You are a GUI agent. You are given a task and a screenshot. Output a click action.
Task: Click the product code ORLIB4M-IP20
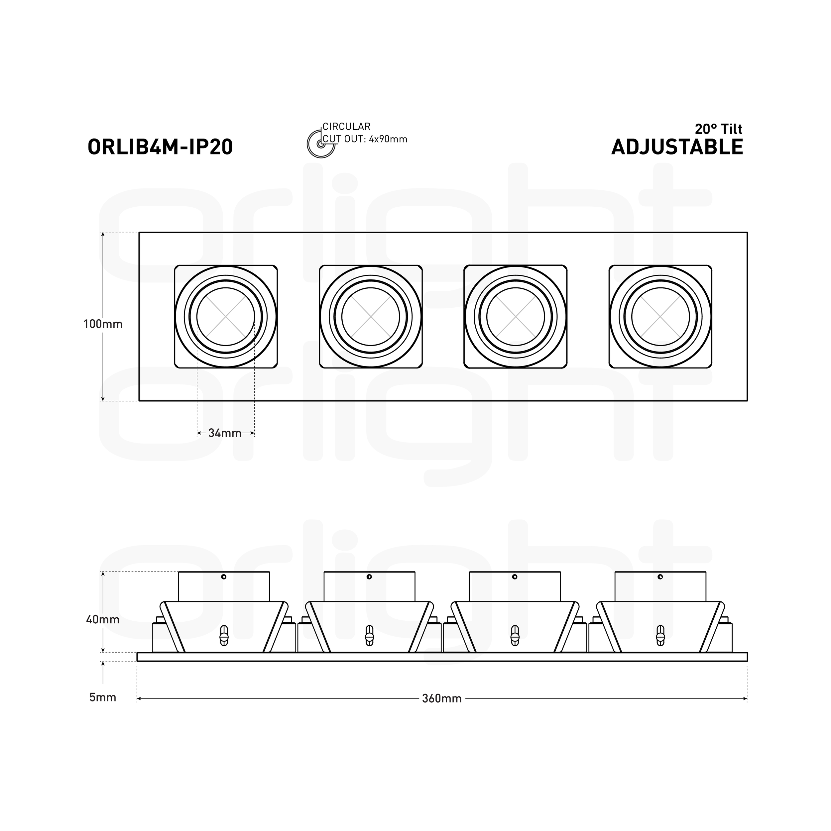[x=160, y=147]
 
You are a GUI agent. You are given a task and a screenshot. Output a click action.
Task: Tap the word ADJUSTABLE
[x=677, y=147]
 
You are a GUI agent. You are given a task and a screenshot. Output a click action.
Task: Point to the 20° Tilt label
[x=719, y=129]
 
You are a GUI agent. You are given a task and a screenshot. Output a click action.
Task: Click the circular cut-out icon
[x=321, y=144]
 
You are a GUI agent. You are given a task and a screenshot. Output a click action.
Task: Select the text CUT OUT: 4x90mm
[x=365, y=139]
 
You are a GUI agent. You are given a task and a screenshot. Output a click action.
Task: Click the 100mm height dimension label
[x=103, y=324]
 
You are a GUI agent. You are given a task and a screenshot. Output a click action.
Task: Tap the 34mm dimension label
[x=225, y=433]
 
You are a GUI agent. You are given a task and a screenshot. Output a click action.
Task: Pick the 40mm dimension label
[x=103, y=619]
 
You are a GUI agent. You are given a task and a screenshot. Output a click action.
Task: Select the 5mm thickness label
[x=103, y=697]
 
